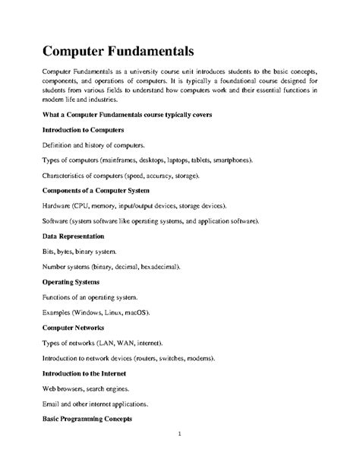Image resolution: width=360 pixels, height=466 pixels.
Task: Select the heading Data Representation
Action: tap(73, 236)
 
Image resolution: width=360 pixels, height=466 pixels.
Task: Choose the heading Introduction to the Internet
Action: tap(86, 373)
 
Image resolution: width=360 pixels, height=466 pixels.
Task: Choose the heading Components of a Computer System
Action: tap(95, 190)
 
